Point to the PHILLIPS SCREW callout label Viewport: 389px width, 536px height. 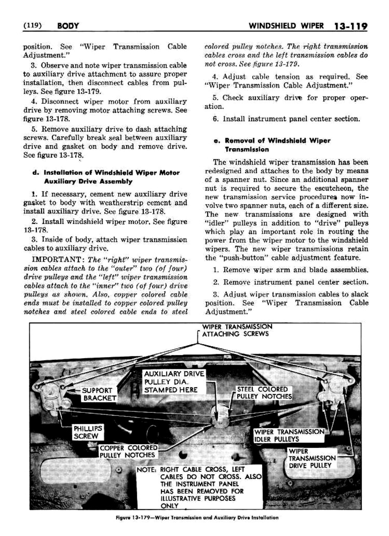[x=88, y=432]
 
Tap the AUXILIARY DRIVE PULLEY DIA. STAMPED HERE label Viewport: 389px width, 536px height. [x=174, y=381]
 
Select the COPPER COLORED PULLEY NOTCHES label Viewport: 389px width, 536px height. [x=128, y=451]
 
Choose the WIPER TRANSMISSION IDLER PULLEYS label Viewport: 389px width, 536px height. [x=289, y=435]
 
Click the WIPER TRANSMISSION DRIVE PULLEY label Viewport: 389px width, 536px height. [x=312, y=458]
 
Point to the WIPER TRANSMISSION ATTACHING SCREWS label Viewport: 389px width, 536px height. [x=237, y=330]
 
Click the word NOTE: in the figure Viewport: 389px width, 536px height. [x=147, y=470]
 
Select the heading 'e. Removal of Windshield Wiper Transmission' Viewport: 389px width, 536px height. [x=272, y=145]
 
